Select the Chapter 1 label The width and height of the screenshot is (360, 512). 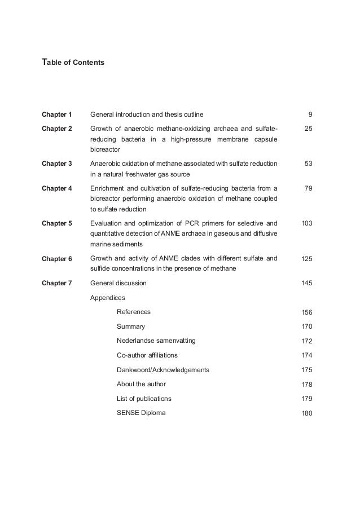point(57,114)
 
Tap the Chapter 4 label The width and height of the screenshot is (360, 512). point(57,188)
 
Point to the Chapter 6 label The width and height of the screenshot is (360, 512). point(57,258)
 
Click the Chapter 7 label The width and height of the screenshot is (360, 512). point(57,283)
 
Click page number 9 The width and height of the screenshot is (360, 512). point(310,114)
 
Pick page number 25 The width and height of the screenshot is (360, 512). point(308,129)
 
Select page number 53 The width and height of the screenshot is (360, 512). point(308,164)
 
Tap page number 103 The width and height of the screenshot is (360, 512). point(307,223)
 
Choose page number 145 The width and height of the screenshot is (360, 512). point(307,283)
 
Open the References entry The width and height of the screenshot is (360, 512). point(134,312)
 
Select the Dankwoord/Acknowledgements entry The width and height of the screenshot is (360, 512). point(163,370)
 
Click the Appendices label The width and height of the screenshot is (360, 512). point(108,297)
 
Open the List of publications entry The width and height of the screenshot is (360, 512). point(144,399)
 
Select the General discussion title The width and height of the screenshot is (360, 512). point(118,283)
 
